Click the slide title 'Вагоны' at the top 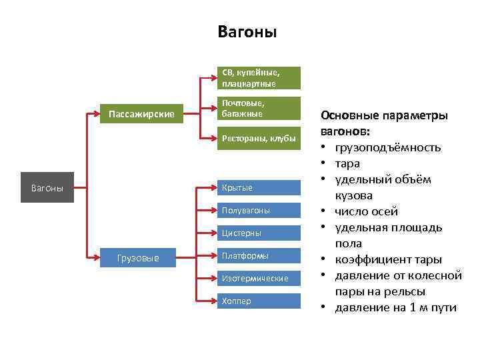coord(247,32)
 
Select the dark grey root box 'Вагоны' coord(47,189)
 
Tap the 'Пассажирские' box coord(141,115)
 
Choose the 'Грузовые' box coord(138,257)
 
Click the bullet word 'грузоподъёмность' coord(388,147)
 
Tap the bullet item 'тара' coord(347,163)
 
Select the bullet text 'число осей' coord(367,211)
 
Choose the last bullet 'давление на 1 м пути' coord(396,307)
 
